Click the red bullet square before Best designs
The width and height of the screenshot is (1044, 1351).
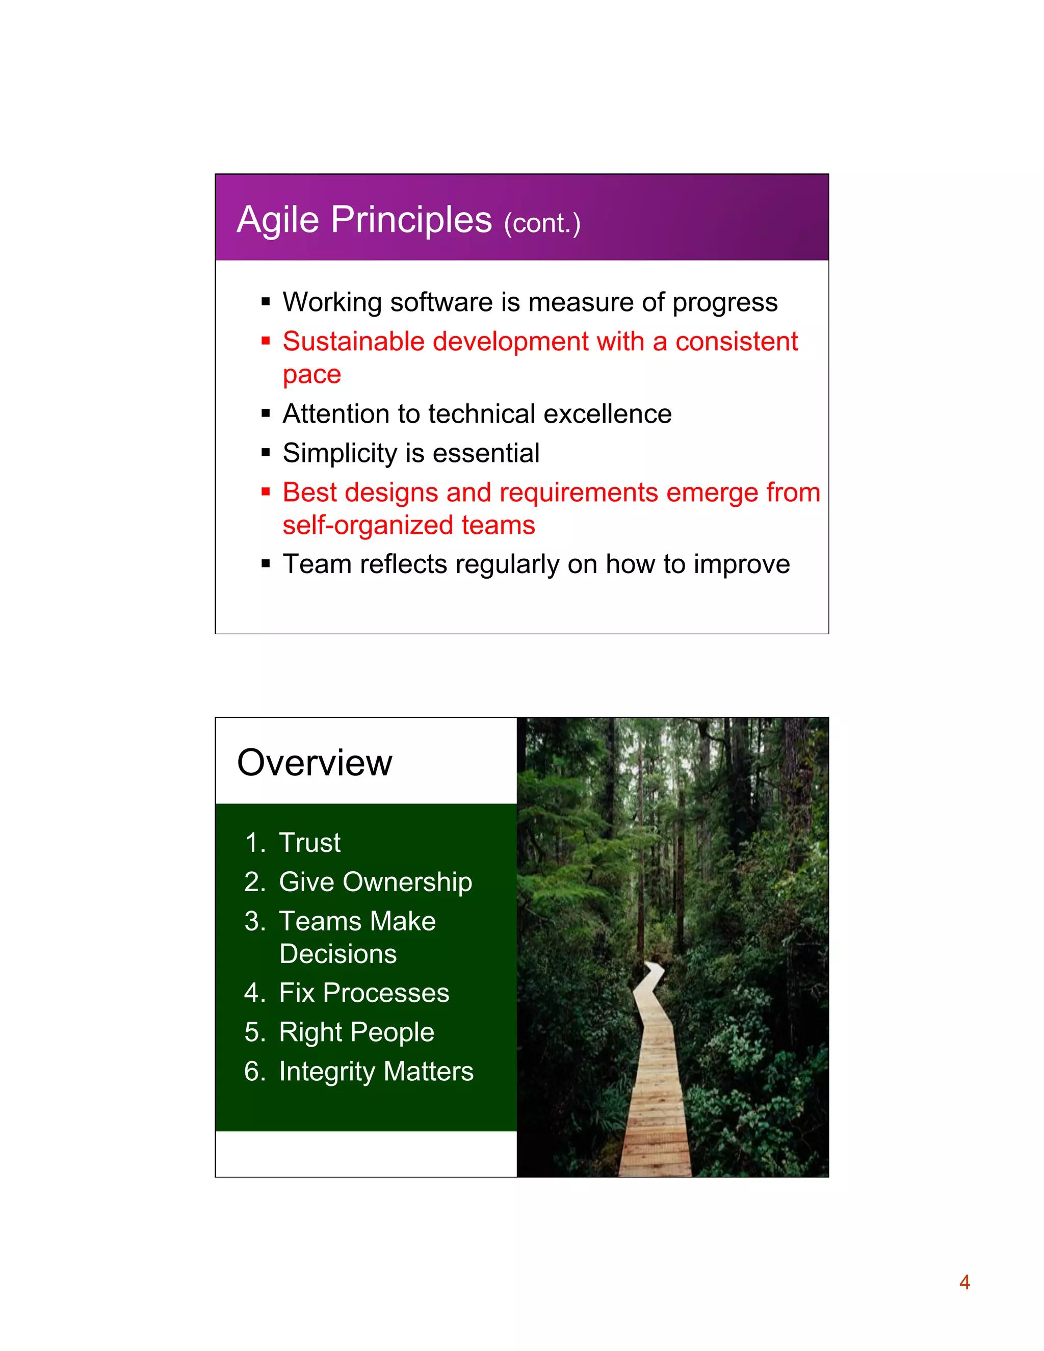tap(266, 492)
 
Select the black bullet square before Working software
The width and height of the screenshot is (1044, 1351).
tap(266, 302)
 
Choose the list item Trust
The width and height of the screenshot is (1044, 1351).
tap(309, 843)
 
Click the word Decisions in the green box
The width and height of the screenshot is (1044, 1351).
tap(337, 954)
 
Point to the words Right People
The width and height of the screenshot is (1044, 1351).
tap(356, 1032)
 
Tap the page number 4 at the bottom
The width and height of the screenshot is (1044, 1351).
tap(964, 1282)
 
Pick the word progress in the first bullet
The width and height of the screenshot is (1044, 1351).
tap(725, 302)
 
